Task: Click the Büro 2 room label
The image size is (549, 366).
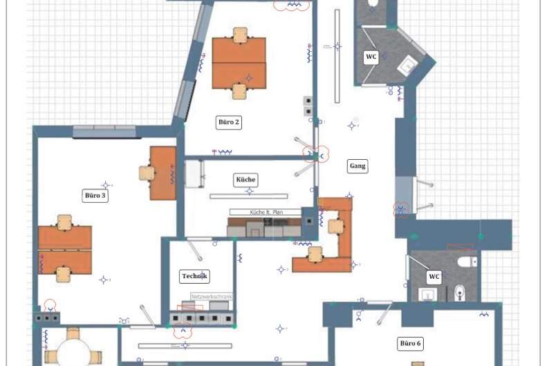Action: point(229,122)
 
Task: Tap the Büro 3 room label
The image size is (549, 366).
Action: point(95,196)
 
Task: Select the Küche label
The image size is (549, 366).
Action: point(245,180)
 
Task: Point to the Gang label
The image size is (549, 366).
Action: point(357,166)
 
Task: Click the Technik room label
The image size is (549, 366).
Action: point(194,276)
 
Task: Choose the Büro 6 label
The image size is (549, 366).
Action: point(410,343)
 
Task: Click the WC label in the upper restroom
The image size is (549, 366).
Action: point(371,57)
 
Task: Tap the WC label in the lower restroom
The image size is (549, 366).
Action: point(434,277)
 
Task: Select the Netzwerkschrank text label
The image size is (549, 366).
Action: point(212,297)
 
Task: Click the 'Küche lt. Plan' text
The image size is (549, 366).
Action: point(266,212)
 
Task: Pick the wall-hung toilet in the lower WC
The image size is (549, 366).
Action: point(469,261)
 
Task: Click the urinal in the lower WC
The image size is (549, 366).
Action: point(459,293)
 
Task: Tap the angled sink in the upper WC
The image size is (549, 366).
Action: point(408,66)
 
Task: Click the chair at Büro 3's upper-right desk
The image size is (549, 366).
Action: point(147,172)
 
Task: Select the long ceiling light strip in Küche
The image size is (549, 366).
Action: point(248,196)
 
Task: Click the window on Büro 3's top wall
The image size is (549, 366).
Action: point(104,131)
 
